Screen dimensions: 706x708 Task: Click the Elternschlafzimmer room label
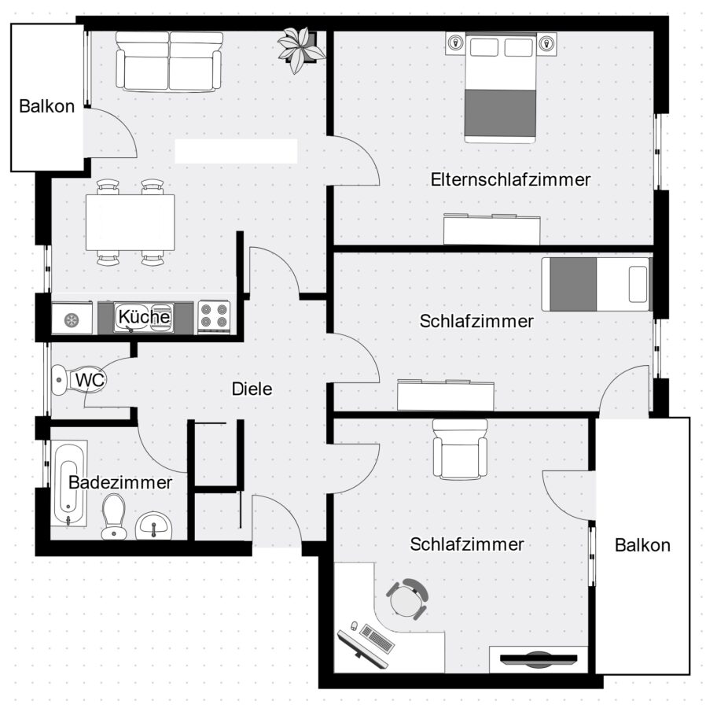510,179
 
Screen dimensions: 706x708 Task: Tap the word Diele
252,389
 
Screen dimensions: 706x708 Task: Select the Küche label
144,316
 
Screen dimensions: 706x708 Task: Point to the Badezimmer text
120,483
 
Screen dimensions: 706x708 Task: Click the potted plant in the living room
301,49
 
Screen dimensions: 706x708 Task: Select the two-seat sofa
169,62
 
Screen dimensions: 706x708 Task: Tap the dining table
131,222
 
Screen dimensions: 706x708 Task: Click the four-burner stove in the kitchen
214,317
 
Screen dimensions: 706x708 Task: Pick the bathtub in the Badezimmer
68,483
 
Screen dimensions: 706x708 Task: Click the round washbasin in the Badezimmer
154,526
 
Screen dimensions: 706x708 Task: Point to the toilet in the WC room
78,380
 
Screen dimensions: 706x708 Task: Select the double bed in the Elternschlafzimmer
500,87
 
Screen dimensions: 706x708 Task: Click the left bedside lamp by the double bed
456,43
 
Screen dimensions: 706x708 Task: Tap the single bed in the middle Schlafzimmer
597,285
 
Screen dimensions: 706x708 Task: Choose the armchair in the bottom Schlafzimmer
460,449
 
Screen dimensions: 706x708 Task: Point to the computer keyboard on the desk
377,639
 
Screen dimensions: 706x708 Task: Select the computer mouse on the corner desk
355,626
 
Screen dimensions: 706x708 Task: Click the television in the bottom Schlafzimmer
539,658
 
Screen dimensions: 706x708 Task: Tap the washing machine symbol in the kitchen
72,319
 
